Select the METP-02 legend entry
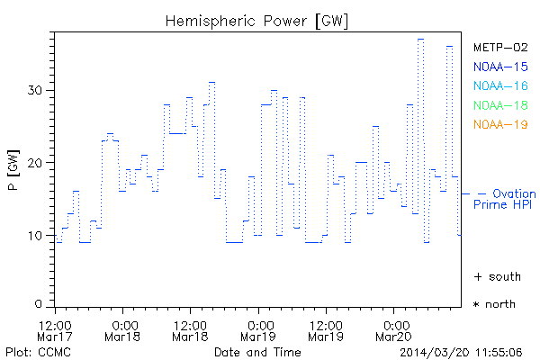pyautogui.click(x=500, y=47)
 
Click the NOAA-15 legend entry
pyautogui.click(x=500, y=67)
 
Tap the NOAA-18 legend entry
pyautogui.click(x=500, y=105)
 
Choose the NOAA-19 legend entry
pyautogui.click(x=500, y=124)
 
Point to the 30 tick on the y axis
pyautogui.click(x=35, y=90)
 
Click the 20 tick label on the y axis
pyautogui.click(x=35, y=163)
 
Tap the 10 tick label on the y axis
pyautogui.click(x=35, y=236)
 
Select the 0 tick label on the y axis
pyautogui.click(x=39, y=304)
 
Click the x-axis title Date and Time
pyautogui.click(x=257, y=351)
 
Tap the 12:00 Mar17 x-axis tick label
pyautogui.click(x=55, y=329)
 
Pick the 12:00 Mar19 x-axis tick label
pyautogui.click(x=325, y=329)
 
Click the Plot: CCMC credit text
pyautogui.click(x=33, y=351)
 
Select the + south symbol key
pyautogui.click(x=494, y=276)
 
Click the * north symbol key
pyautogui.click(x=494, y=304)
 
